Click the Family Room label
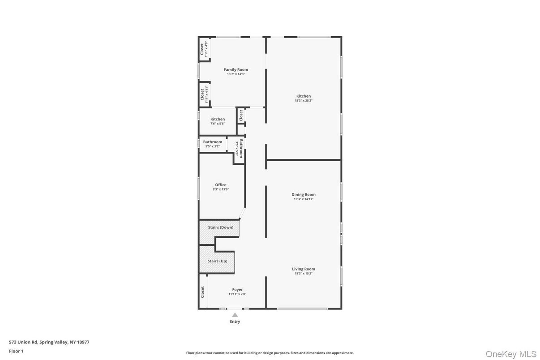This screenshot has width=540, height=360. click(x=236, y=69)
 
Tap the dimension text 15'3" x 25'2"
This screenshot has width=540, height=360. click(x=303, y=101)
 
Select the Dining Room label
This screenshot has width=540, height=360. click(x=304, y=194)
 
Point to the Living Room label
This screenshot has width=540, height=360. click(x=304, y=269)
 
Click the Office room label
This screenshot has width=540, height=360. click(x=221, y=184)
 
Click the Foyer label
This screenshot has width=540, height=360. click(x=237, y=289)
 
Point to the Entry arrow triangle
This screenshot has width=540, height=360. click(x=235, y=315)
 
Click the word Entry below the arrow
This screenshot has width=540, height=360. click(x=235, y=321)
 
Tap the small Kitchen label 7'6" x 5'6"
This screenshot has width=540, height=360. click(x=218, y=119)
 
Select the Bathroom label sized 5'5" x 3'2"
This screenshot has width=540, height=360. click(x=212, y=142)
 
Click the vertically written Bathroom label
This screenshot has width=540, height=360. click(x=241, y=148)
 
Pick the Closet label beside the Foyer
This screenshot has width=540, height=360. click(x=202, y=292)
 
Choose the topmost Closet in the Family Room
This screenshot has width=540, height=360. click(x=202, y=49)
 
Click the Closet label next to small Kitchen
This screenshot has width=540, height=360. click(x=241, y=115)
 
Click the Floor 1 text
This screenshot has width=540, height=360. click(x=16, y=351)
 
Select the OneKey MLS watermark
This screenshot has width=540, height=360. click(x=511, y=354)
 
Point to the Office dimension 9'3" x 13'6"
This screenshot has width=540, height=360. click(x=221, y=189)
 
